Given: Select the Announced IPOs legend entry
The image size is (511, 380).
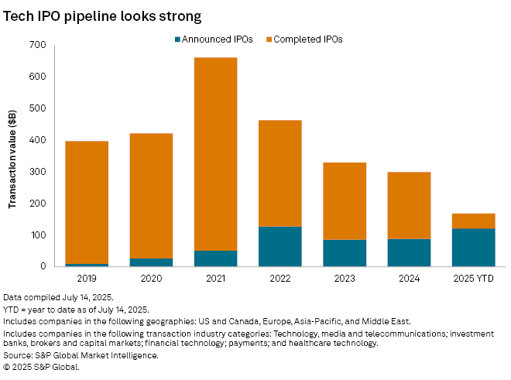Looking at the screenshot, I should click(214, 39).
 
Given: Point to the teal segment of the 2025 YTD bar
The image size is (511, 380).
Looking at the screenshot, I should click(473, 247).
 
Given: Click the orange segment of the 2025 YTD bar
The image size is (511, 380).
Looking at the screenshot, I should click(473, 221).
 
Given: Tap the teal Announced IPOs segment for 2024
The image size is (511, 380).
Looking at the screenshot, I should click(409, 252).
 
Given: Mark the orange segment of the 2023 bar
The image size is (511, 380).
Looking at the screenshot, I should click(344, 200).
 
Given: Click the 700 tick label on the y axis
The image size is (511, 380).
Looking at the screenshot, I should click(38, 45).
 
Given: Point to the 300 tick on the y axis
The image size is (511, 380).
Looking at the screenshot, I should click(38, 172).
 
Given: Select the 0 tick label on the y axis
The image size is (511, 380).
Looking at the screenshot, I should click(43, 266).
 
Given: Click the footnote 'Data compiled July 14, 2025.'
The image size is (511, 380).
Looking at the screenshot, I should click(59, 297).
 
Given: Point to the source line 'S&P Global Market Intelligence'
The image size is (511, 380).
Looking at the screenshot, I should click(81, 355).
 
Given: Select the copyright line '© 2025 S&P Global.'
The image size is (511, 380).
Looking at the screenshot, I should click(41, 367).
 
